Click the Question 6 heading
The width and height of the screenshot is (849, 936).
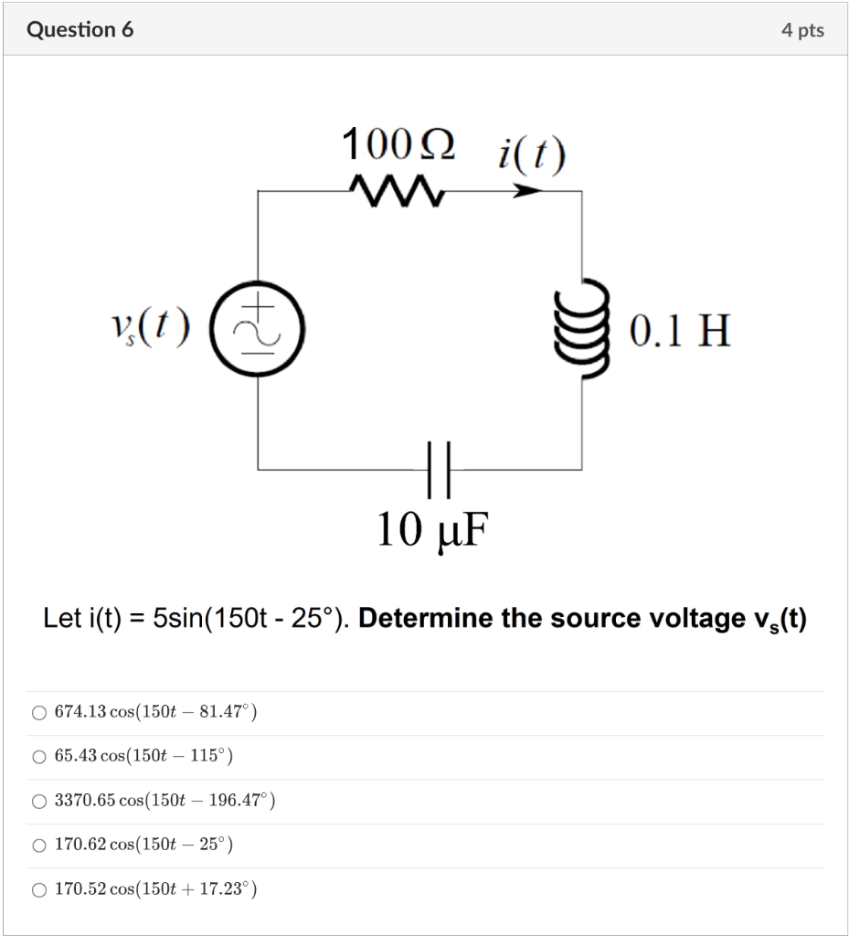point(80,30)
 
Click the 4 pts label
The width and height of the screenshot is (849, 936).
point(801,30)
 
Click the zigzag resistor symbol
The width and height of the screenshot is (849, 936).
point(397,191)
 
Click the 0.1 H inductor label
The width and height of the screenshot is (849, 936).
point(680,331)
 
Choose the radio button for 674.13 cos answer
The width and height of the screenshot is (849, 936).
point(39,713)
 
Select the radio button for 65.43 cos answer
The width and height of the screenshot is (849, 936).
point(39,757)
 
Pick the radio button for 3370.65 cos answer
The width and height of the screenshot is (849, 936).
point(39,802)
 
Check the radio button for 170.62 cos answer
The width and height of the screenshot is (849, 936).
point(39,846)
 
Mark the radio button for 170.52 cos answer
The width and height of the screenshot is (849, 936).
point(39,889)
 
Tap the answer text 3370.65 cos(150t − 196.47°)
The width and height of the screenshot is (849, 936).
point(165,802)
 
